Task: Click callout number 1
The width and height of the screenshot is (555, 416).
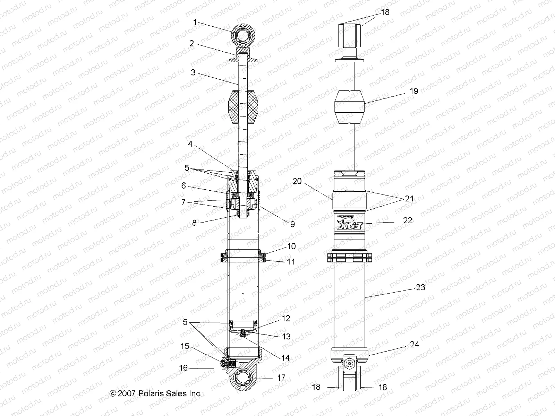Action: (x=195, y=23)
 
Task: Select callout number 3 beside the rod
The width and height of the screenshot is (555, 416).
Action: (x=193, y=72)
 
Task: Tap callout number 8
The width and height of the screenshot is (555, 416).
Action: (x=194, y=223)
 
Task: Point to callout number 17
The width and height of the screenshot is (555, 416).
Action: (x=281, y=378)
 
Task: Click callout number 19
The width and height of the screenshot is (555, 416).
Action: (x=414, y=91)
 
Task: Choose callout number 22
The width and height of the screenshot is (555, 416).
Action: (x=408, y=220)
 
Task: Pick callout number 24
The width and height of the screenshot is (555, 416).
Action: (x=414, y=344)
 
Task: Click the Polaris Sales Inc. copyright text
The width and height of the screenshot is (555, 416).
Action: (x=155, y=393)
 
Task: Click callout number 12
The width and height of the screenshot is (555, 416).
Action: (x=286, y=319)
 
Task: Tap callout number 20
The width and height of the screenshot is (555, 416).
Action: (x=297, y=181)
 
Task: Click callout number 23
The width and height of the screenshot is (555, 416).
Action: (x=420, y=287)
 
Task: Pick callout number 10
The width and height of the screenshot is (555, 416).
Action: (x=291, y=246)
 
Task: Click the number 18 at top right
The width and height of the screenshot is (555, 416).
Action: (x=385, y=12)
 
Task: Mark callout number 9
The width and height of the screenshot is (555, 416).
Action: (x=292, y=224)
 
